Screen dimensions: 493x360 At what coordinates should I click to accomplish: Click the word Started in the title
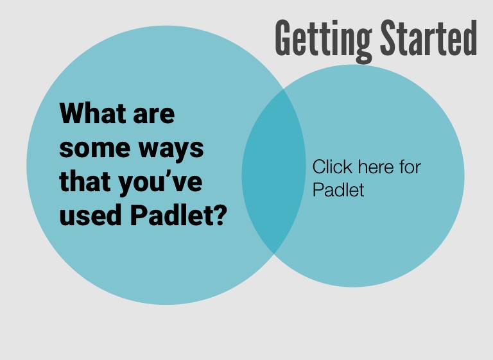pyautogui.click(x=429, y=38)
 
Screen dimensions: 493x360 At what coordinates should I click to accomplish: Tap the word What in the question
pyautogui.click(x=93, y=113)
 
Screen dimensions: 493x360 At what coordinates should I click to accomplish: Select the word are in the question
pyautogui.click(x=154, y=116)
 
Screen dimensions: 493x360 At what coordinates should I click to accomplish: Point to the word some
pyautogui.click(x=94, y=149)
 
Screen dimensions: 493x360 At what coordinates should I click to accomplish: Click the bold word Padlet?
pyautogui.click(x=178, y=214)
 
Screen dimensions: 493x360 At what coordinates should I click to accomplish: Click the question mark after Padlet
pyautogui.click(x=220, y=215)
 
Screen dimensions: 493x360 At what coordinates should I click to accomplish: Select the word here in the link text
pyautogui.click(x=376, y=167)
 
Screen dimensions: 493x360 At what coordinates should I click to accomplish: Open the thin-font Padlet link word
pyautogui.click(x=338, y=189)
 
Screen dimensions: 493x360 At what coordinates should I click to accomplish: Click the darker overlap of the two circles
pyautogui.click(x=273, y=171)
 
